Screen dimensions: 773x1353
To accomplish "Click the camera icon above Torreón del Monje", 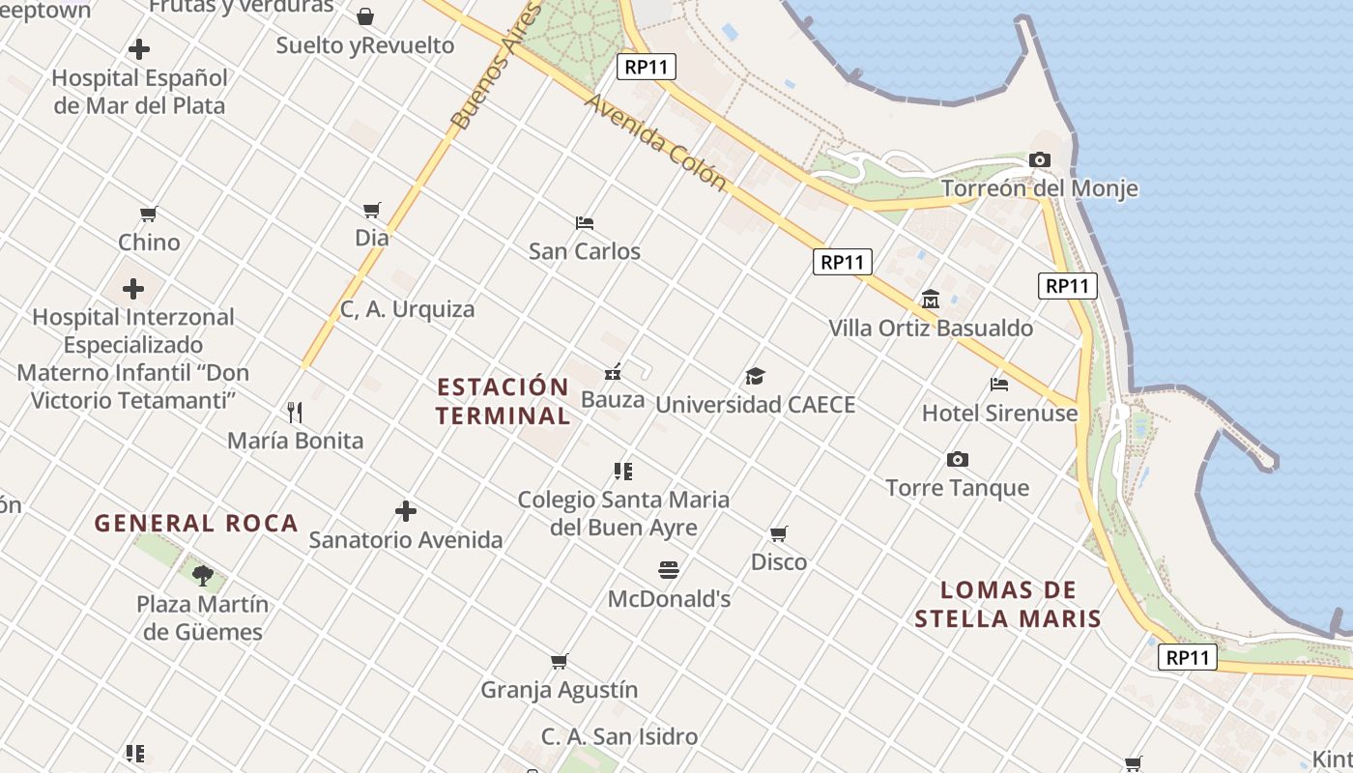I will pos(1040,160).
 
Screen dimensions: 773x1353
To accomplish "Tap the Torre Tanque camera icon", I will pos(958,460).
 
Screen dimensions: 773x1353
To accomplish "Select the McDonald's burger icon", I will pos(669,570).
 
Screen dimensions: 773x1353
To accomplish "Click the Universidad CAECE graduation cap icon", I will pos(755,377).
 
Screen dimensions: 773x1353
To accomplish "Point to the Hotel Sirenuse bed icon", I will pos(999,385).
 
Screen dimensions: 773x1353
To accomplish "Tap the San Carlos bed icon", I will pos(585,223).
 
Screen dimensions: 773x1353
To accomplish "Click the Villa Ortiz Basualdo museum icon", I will pos(931,300).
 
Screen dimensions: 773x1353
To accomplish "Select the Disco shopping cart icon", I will pos(779,534).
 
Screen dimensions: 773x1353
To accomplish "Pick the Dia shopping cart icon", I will pos(372,210).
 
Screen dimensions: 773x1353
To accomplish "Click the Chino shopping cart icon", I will pos(149,214).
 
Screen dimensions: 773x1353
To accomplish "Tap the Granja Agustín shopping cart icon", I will pos(560,662).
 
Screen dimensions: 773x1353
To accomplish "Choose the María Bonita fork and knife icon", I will pos(296,413).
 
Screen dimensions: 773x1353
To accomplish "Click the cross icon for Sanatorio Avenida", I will pos(406,511).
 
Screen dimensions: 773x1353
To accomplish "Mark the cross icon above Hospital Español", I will pos(139,49).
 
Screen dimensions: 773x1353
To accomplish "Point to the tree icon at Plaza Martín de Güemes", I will pos(203,576).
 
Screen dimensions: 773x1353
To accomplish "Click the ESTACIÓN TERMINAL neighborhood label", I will pos(503,402).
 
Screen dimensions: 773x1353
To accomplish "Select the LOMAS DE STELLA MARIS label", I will pos(1008,605).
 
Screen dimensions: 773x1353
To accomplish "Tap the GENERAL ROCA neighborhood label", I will pos(196,524).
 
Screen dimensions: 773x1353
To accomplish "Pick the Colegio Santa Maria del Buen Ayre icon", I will pos(623,472).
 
